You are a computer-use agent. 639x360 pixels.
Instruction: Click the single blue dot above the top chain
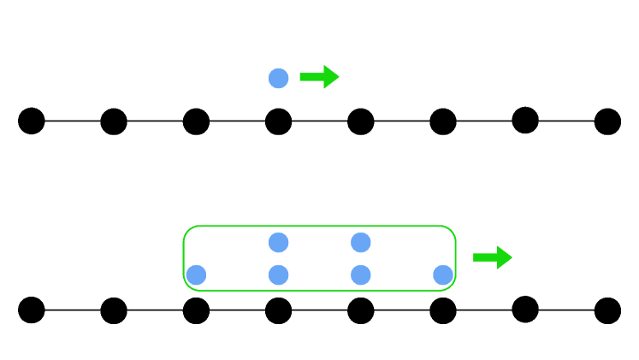(x=278, y=78)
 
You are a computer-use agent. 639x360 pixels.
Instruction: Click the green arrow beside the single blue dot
(x=319, y=77)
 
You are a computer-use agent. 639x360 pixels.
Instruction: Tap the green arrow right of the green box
(x=492, y=257)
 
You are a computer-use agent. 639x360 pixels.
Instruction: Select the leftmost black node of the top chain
(x=32, y=121)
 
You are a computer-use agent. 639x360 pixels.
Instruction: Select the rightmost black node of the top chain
(x=607, y=121)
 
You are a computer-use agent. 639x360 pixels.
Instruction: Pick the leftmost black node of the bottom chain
(x=32, y=310)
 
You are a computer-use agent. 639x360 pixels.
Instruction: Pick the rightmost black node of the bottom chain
(x=607, y=310)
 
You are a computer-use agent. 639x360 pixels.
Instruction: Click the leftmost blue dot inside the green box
(x=196, y=274)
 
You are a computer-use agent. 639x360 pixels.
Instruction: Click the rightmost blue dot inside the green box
(x=443, y=274)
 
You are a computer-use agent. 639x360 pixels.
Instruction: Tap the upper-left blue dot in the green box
(x=278, y=242)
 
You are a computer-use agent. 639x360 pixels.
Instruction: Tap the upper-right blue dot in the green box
(x=361, y=242)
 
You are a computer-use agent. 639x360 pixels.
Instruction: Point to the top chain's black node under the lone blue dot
(x=278, y=121)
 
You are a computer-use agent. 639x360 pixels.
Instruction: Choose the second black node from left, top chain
(x=114, y=121)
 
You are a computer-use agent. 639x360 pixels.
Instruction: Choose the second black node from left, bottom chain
(x=114, y=310)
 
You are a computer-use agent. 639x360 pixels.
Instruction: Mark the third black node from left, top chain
(x=196, y=121)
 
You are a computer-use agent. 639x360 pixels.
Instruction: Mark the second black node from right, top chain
(x=525, y=120)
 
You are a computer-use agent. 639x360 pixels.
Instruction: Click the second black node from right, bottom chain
(x=525, y=309)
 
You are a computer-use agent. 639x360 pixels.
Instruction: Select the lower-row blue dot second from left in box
(x=278, y=274)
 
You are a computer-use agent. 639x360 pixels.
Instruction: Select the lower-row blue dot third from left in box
(x=361, y=274)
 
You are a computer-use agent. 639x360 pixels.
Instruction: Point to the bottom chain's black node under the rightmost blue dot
(x=443, y=310)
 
